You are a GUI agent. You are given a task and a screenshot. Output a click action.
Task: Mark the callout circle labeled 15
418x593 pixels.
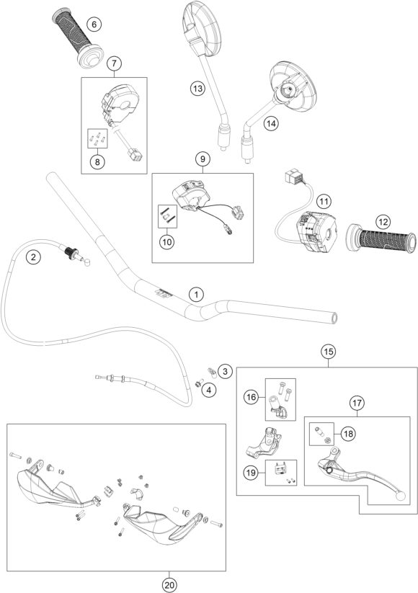[x=328, y=352]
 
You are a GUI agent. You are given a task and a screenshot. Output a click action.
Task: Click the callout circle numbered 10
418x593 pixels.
[x=166, y=242]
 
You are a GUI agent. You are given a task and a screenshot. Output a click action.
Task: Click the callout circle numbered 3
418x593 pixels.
[x=226, y=371]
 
